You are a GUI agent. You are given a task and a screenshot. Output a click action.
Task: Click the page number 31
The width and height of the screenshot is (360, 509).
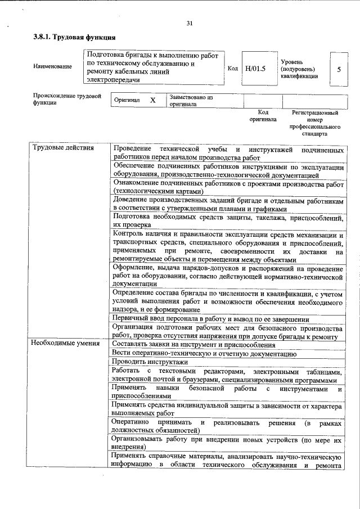pos(189,23)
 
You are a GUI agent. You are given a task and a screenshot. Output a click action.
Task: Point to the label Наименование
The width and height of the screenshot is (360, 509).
pos(52,67)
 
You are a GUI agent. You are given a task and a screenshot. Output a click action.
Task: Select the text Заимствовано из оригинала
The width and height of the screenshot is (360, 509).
pos(190,101)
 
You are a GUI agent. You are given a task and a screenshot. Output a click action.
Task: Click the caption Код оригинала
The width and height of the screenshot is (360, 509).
pos(263,116)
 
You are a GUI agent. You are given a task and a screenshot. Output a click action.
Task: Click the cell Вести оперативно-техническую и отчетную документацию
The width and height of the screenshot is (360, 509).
pos(204,353)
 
